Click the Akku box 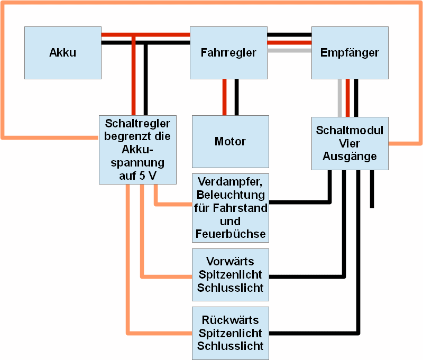point(62,53)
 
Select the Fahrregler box point(228,53)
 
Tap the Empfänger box point(350,53)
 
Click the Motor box point(230,142)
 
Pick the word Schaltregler point(137,124)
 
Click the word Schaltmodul point(350,131)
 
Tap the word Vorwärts point(230,262)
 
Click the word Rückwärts point(230,320)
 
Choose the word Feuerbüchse point(230,234)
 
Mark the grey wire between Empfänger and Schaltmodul point(340,98)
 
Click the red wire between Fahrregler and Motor point(225,97)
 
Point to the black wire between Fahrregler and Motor point(236,97)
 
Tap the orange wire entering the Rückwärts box point(159,334)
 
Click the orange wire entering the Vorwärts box point(167,276)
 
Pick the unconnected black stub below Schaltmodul point(372,190)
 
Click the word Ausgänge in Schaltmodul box point(350,156)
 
